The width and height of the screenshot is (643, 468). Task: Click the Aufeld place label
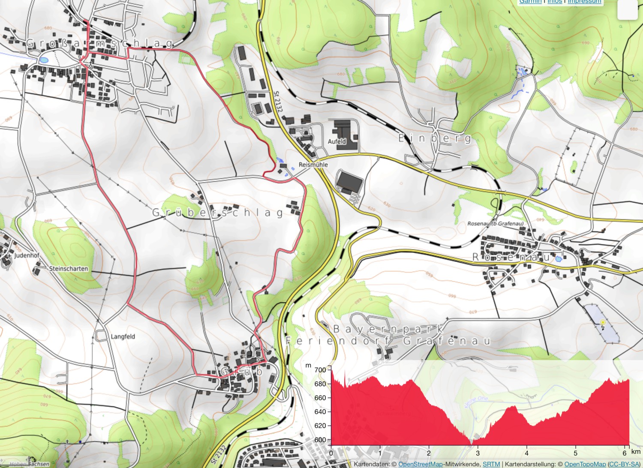337,141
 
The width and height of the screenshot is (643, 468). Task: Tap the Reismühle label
313,165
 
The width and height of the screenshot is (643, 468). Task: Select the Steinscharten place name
69,269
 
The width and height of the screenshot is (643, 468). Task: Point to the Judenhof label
27,255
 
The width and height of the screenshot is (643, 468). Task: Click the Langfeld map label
123,336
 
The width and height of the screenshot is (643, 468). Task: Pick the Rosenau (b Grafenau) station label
495,224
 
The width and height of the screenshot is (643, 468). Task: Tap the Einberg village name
435,138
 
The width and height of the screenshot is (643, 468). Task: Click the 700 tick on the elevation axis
320,370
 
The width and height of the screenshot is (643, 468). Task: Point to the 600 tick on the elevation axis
320,440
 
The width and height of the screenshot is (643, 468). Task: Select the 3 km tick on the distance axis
478,453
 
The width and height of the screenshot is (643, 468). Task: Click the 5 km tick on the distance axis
575,453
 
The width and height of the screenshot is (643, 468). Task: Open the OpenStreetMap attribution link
420,464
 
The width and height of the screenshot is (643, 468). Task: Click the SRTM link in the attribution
491,464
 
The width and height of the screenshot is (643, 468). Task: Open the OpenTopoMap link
585,464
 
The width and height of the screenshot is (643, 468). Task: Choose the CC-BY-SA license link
624,464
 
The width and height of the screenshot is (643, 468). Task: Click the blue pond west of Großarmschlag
43,60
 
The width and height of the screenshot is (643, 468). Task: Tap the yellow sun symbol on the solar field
603,322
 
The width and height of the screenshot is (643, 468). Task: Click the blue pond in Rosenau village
558,259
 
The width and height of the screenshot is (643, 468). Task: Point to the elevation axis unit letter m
308,366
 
